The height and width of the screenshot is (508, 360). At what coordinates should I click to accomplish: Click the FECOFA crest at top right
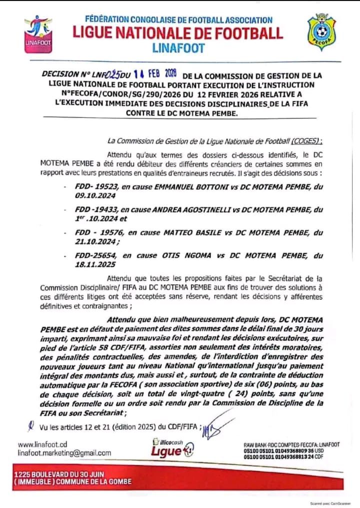(x=321, y=32)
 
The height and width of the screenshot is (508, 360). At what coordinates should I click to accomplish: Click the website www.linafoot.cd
(x=42, y=444)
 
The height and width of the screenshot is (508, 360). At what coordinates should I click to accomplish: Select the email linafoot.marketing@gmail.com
(x=64, y=453)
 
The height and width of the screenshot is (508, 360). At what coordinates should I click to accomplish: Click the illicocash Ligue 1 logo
(x=172, y=447)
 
